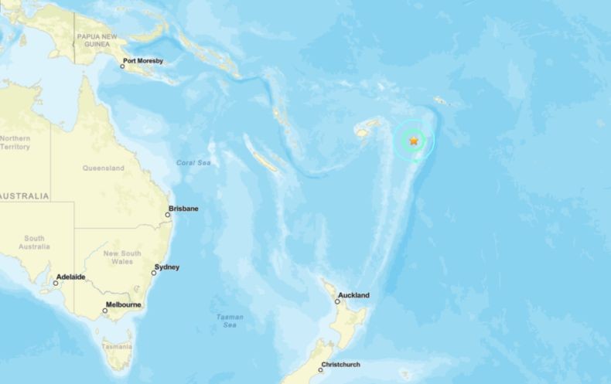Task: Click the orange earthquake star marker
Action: (415, 141)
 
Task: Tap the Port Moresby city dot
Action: (122, 66)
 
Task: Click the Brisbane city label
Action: (184, 209)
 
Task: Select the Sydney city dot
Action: (154, 273)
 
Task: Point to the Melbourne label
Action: (125, 304)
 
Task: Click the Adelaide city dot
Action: (55, 283)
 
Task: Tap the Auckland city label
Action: (353, 295)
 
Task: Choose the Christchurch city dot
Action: (320, 370)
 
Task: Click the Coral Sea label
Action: (193, 163)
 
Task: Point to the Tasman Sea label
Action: (230, 321)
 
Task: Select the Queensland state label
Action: (103, 168)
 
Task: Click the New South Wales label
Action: (122, 257)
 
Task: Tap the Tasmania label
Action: (117, 345)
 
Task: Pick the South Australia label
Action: (34, 242)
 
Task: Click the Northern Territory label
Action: (15, 142)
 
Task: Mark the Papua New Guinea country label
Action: (97, 41)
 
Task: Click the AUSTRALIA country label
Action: (24, 196)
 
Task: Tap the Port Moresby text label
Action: (144, 60)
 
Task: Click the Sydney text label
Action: (167, 267)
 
